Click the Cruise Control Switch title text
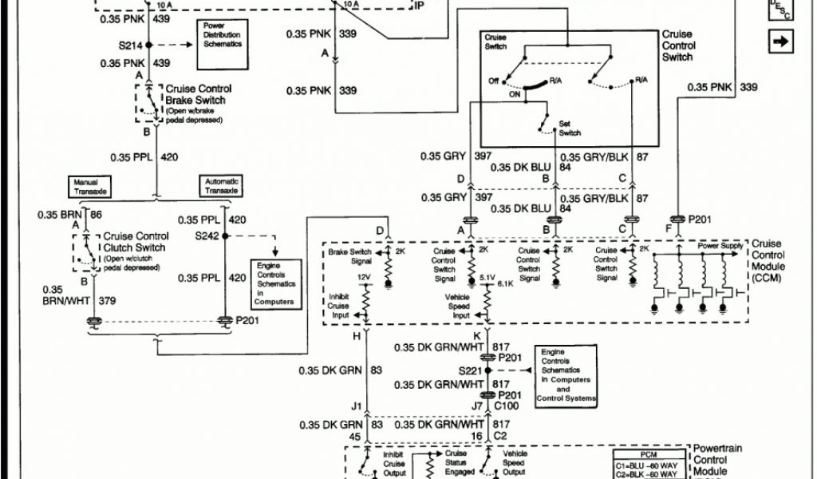coord(678,46)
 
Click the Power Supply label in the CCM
coord(720,247)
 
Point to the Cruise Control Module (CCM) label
coord(768,260)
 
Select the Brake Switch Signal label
coord(349,257)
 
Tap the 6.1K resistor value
coord(505,283)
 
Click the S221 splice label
coord(471,371)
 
